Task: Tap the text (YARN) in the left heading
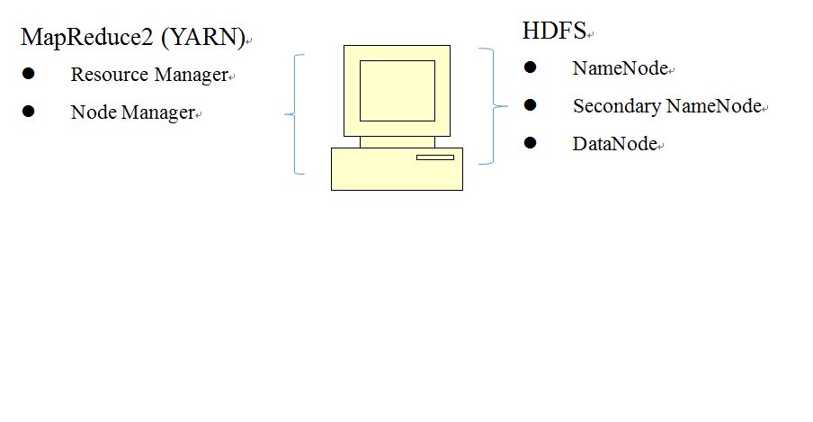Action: (x=209, y=38)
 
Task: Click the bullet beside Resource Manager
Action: (x=29, y=74)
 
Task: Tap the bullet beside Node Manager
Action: (x=29, y=112)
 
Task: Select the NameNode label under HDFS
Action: (x=621, y=68)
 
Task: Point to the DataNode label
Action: (x=615, y=144)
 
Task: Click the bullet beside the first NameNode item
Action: (x=530, y=67)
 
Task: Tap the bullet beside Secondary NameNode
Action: (x=530, y=105)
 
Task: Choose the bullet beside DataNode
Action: (x=530, y=143)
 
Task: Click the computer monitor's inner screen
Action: (x=397, y=90)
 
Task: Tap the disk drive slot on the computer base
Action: (x=434, y=157)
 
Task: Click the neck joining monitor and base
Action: (x=397, y=141)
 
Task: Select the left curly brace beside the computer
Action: (x=296, y=114)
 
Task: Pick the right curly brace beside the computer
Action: (x=489, y=106)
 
